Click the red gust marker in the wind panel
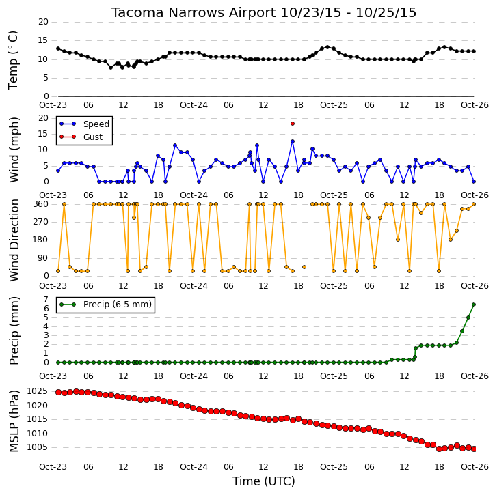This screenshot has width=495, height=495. pyautogui.click(x=293, y=124)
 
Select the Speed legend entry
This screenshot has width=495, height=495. pyautogui.click(x=84, y=124)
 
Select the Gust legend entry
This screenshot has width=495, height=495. pyautogui.click(x=81, y=137)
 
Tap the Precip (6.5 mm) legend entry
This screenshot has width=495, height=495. pyautogui.click(x=105, y=305)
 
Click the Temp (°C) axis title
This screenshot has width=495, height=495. pyautogui.click(x=13, y=60)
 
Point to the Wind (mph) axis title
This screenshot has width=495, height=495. pyautogui.click(x=14, y=150)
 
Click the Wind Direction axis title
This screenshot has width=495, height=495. pyautogui.click(x=14, y=240)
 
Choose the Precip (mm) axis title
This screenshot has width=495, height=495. pyautogui.click(x=14, y=331)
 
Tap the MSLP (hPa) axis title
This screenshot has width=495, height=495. pyautogui.click(x=14, y=421)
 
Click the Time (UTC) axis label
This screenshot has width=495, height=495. pyautogui.click(x=264, y=481)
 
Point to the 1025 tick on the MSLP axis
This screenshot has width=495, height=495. pyautogui.click(x=37, y=391)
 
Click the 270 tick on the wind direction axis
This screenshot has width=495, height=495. pyautogui.click(x=41, y=222)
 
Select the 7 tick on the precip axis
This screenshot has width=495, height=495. pyautogui.click(x=46, y=299)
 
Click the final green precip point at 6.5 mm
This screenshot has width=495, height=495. pyautogui.click(x=474, y=305)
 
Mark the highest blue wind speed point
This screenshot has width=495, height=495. pyautogui.click(x=293, y=141)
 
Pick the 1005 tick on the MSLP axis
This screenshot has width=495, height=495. pyautogui.click(x=37, y=447)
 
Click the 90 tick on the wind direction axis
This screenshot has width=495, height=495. pyautogui.click(x=43, y=258)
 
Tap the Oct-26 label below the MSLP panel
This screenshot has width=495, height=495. pyautogui.click(x=474, y=466)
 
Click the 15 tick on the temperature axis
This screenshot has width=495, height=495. pyautogui.click(x=43, y=40)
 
